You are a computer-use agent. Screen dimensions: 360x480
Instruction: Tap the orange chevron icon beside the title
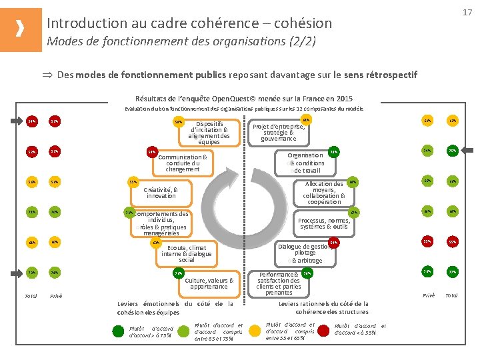(21, 29)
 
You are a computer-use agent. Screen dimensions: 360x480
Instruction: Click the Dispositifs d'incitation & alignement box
(209, 133)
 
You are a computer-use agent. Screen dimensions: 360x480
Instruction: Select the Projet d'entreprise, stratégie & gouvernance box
(279, 131)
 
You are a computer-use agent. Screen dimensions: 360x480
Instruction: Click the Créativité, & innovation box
(161, 192)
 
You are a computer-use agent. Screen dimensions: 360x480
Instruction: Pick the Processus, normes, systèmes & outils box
(323, 223)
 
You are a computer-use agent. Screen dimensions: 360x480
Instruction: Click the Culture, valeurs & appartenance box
(208, 283)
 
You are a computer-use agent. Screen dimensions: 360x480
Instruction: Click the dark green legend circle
(118, 330)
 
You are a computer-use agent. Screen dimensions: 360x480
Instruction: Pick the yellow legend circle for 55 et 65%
(255, 330)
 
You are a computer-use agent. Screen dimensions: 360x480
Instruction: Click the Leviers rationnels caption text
(323, 307)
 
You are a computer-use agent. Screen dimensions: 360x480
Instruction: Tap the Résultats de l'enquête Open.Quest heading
(244, 97)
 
